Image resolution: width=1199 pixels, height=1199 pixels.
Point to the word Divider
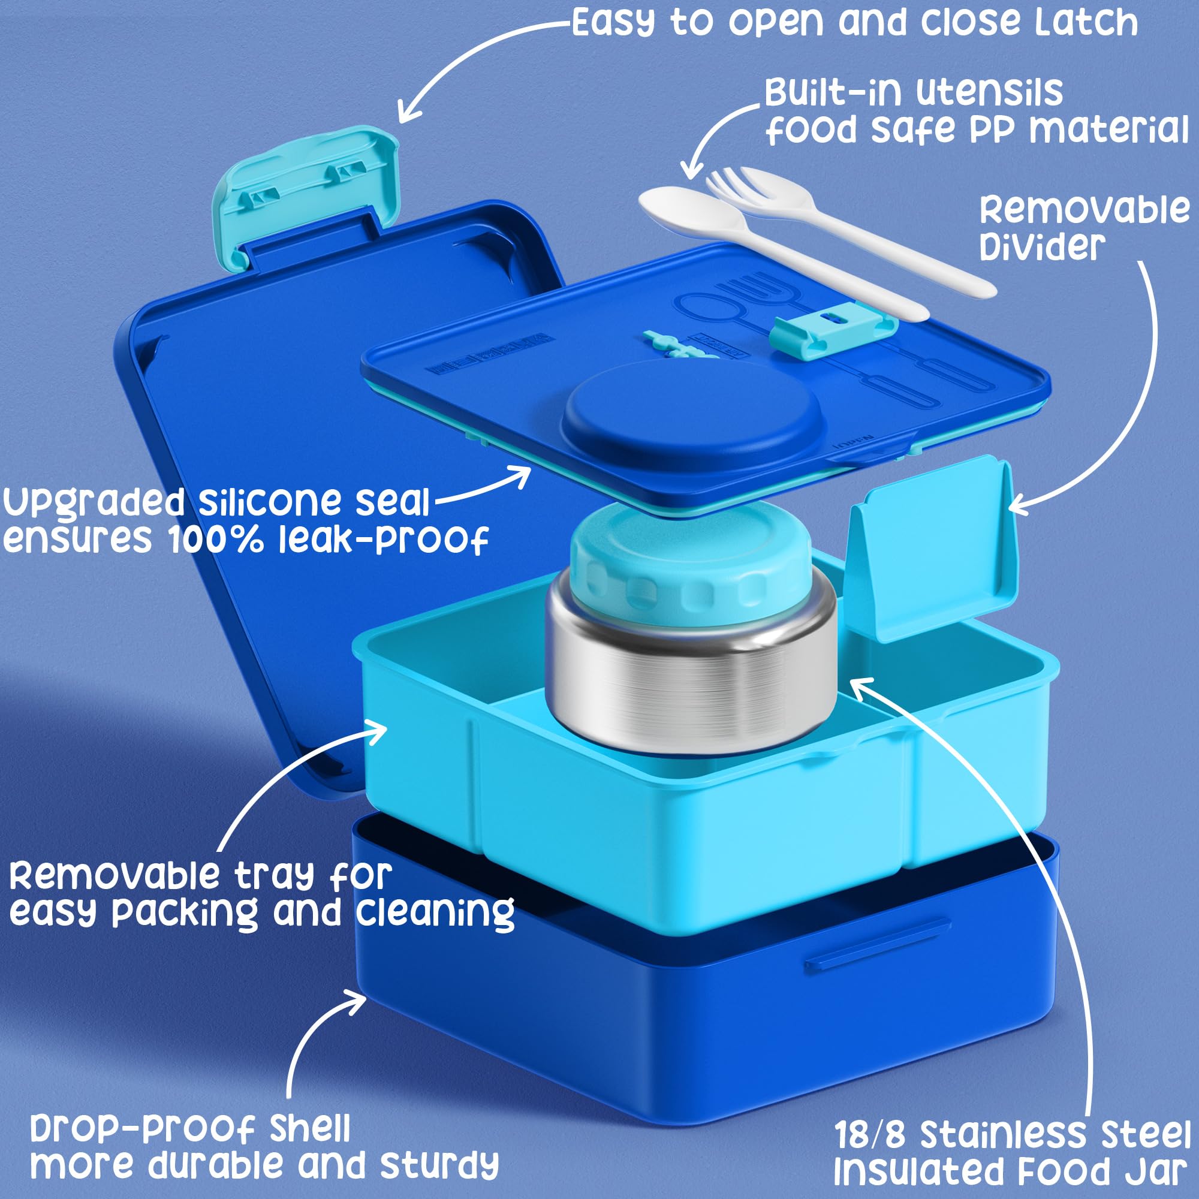pos(1043,246)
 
